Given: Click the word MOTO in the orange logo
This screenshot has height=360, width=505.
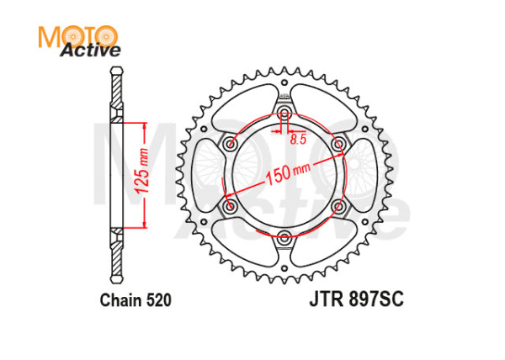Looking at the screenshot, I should point(77,35).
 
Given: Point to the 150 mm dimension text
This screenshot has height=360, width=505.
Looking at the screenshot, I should point(280,172).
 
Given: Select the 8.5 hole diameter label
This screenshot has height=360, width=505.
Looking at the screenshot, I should point(297,140).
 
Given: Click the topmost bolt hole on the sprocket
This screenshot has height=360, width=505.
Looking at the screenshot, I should point(284,114).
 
